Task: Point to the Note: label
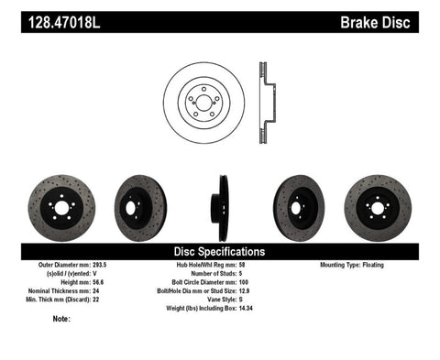(62, 319)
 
